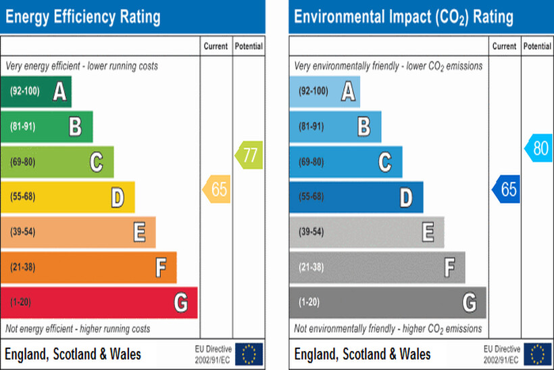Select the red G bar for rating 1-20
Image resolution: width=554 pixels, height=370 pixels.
[99, 302]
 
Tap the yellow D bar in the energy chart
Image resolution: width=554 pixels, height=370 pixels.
[68, 197]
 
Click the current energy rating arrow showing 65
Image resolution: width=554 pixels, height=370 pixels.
[217, 189]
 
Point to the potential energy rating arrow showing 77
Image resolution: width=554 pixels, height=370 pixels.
[249, 155]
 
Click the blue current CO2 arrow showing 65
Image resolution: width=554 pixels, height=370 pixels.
[506, 189]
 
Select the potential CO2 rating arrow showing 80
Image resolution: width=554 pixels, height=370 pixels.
[539, 148]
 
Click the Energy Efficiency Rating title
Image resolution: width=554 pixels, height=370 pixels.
[82, 16]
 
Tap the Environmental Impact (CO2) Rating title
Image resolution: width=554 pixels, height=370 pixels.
[403, 16]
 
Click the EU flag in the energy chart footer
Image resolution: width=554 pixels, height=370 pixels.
[249, 353]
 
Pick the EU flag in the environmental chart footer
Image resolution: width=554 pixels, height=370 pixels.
[538, 353]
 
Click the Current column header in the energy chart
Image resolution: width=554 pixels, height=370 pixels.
[216, 47]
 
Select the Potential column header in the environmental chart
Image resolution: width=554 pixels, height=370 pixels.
[537, 47]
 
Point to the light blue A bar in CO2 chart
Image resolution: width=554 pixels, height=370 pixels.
[324, 91]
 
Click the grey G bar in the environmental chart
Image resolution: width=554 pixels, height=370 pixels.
[387, 302]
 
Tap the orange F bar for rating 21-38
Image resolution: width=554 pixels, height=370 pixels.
[89, 267]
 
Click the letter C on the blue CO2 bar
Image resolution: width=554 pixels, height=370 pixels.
[384, 162]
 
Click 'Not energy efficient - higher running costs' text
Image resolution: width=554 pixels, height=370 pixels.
[78, 329]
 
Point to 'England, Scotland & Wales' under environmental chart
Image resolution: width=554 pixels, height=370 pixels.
[362, 354]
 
